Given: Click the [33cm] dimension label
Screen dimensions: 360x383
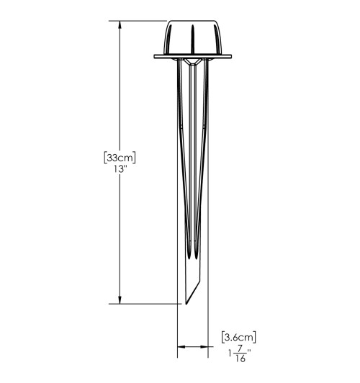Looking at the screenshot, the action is coord(120,158).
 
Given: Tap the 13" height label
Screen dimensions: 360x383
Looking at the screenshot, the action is coord(120,169).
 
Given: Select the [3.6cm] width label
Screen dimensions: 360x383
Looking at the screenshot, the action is coord(239,338).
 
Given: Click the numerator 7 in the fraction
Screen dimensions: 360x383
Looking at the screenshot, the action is coord(240,349).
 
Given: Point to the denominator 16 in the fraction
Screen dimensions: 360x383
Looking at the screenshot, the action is coord(240,359).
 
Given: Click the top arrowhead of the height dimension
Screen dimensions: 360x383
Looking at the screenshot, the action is coord(120,25).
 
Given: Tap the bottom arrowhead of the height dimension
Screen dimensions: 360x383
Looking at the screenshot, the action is coord(120,299).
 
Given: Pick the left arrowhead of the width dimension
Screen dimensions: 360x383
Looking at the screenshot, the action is coord(181,346).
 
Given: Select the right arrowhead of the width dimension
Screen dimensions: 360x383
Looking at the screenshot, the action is coord(204,346).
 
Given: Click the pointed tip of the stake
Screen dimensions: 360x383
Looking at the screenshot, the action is coord(186,304).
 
